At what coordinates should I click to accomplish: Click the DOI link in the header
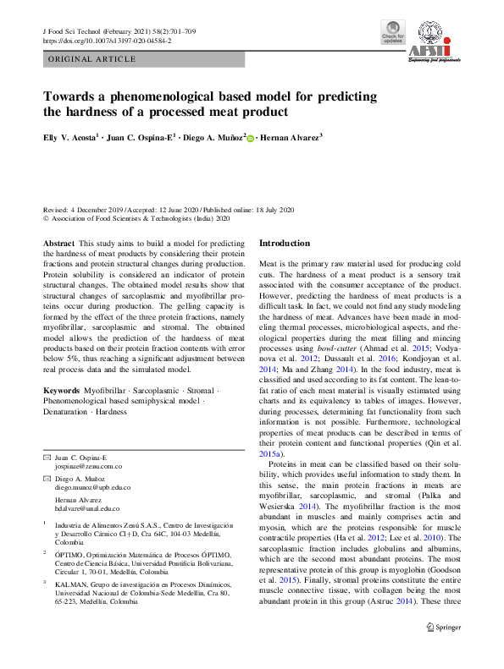point(106,41)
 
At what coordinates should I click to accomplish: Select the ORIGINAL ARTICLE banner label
point(93,59)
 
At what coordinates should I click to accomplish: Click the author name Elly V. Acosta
point(70,135)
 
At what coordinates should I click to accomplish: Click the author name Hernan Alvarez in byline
point(289,135)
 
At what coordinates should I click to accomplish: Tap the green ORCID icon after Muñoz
point(251,136)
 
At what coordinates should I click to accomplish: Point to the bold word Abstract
point(58,243)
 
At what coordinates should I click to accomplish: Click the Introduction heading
point(285,243)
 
